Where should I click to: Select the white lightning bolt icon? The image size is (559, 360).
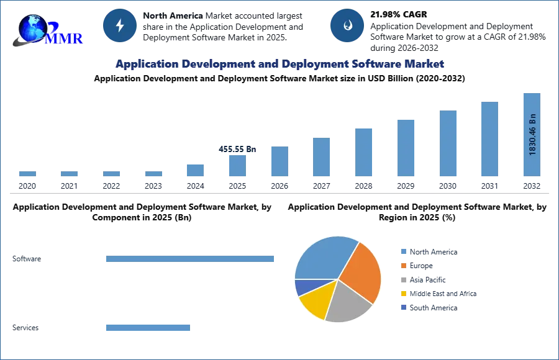click(x=120, y=25)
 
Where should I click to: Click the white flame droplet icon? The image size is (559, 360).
click(x=347, y=25)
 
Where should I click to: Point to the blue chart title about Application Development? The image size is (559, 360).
click(x=279, y=64)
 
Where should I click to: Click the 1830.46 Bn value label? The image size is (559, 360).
click(x=532, y=133)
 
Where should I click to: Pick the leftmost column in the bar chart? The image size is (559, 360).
click(x=27, y=173)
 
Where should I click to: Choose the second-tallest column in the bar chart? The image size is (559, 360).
click(x=489, y=139)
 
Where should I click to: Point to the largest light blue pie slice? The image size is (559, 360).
click(x=323, y=258)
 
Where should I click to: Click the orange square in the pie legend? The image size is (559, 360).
click(x=402, y=266)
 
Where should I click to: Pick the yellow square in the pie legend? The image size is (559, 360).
click(x=402, y=293)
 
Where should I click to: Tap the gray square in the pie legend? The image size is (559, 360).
click(x=402, y=279)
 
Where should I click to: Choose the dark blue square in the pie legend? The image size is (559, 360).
click(x=402, y=307)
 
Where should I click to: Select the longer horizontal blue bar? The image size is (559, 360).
click(x=191, y=258)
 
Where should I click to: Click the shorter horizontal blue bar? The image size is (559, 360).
click(x=148, y=327)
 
